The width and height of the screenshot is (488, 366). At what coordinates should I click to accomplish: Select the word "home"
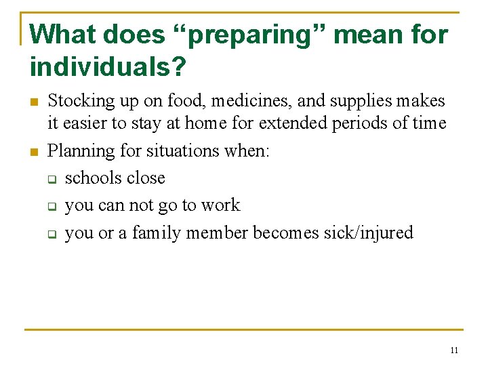[x=219, y=123]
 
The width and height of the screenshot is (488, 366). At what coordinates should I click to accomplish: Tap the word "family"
[x=157, y=233]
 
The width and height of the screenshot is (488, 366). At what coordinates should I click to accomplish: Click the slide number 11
[x=453, y=350]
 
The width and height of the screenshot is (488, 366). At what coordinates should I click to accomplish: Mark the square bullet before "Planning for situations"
[x=34, y=151]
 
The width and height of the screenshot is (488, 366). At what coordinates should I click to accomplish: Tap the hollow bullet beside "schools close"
[x=51, y=179]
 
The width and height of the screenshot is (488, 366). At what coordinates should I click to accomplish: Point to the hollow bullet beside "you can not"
[x=51, y=206]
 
